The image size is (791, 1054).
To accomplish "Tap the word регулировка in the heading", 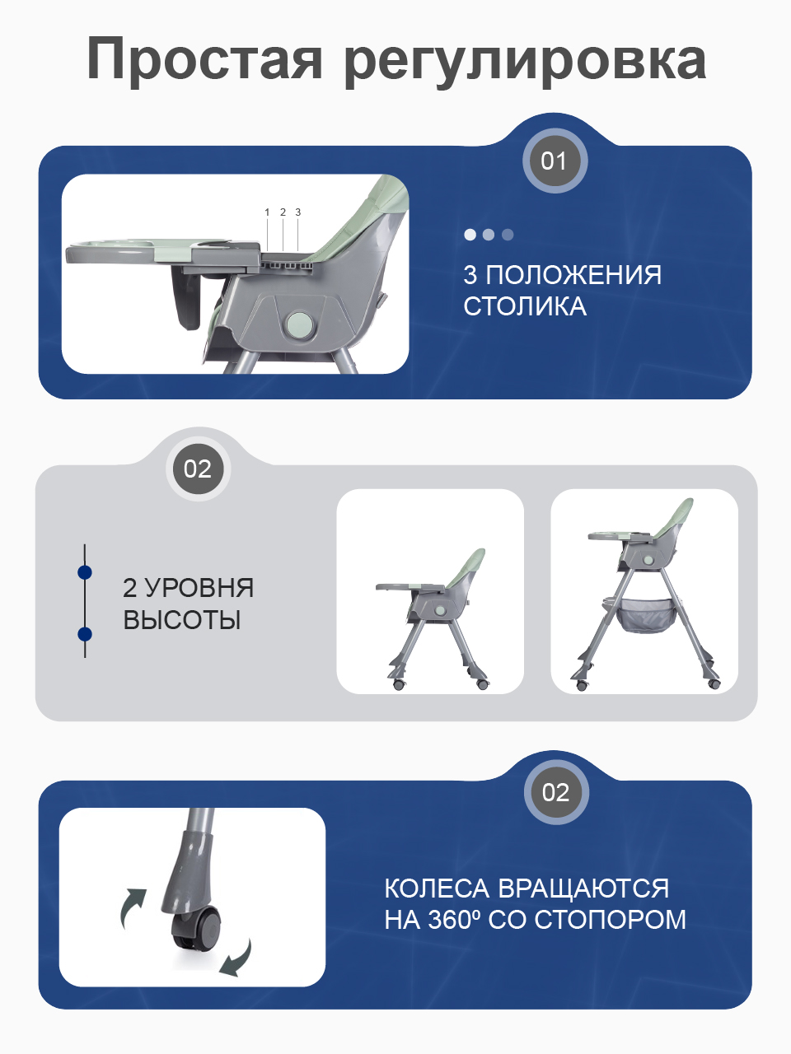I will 524,61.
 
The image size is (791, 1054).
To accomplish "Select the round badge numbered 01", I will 555,161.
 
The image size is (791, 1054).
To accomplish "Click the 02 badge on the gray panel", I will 198,469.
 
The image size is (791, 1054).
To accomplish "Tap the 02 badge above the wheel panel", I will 555,792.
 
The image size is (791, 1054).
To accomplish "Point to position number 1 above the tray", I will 267,212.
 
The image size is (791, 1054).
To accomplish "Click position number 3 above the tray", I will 297,212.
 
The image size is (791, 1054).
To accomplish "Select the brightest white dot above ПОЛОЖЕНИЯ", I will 470,235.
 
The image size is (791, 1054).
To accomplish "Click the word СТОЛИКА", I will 525,306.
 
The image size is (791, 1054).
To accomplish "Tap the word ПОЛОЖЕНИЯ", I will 573,275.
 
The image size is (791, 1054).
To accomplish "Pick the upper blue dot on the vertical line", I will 84,572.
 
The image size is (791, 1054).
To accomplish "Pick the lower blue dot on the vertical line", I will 84,633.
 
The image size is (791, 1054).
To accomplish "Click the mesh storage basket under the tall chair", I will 648,614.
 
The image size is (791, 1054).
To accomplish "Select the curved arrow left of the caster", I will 132,907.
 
